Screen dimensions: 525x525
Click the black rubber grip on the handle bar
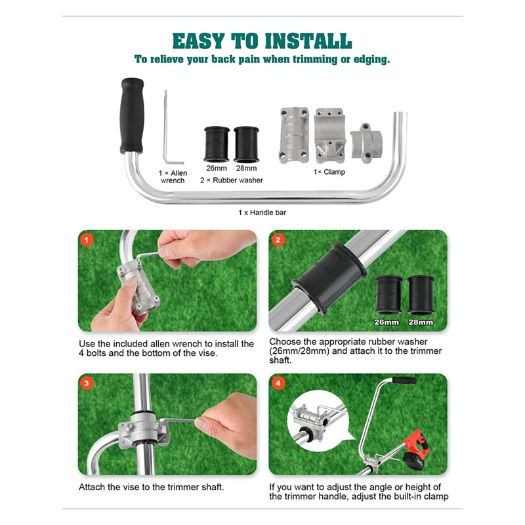pos(132,116)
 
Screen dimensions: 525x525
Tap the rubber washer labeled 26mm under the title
pos(217,144)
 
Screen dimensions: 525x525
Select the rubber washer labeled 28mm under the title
pos(246,144)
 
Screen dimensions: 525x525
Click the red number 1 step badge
pos(87,240)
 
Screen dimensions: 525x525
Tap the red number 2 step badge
pos(278,240)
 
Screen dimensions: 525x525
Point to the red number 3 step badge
pos(87,383)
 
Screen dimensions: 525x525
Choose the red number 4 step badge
pos(278,383)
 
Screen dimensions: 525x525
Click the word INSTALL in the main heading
pos(308,41)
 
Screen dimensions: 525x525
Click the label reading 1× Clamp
pos(329,172)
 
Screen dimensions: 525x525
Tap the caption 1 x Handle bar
pos(262,212)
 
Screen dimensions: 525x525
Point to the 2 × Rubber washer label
pos(232,180)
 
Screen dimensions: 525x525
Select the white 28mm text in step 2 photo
pos(421,322)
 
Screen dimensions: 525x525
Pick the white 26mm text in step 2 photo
pos(387,322)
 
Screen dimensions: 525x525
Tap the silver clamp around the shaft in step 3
pos(143,430)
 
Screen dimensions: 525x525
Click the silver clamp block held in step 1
pos(138,287)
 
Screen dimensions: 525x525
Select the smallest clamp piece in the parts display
pos(366,143)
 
